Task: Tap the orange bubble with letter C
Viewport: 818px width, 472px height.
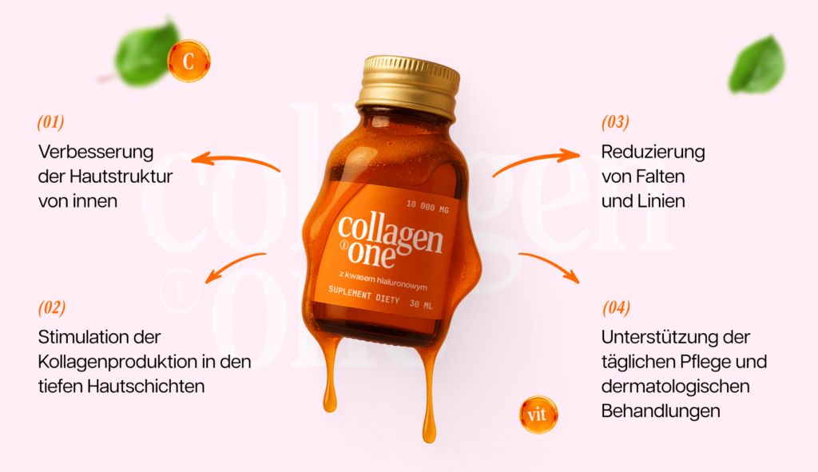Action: [189, 61]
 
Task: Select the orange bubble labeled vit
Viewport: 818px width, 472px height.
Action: [538, 415]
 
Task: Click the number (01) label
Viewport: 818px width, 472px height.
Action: [50, 122]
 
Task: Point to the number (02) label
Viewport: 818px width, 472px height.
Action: [52, 307]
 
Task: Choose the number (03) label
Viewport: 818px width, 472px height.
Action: [615, 122]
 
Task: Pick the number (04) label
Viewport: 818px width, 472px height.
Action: [616, 307]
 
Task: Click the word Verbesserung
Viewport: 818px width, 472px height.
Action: [96, 152]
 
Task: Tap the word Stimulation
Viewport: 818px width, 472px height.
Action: [94, 337]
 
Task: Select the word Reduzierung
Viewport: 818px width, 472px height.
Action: [653, 152]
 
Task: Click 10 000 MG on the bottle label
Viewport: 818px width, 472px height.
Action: [430, 204]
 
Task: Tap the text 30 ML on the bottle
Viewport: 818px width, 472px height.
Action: [420, 303]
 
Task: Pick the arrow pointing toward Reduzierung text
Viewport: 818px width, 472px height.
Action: [535, 161]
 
